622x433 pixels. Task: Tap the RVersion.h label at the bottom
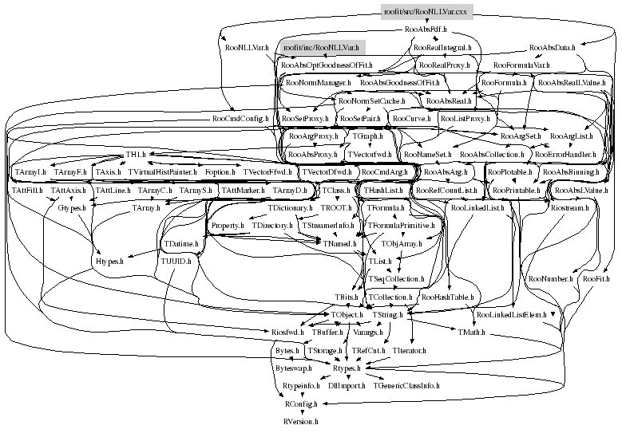pyautogui.click(x=300, y=419)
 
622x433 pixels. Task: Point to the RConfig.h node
pyautogui.click(x=300, y=403)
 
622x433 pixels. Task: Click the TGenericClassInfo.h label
pyautogui.click(x=406, y=385)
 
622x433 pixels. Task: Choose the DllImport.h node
pyautogui.click(x=346, y=385)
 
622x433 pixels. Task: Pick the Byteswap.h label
pyautogui.click(x=293, y=368)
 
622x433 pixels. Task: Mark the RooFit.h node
pyautogui.click(x=596, y=279)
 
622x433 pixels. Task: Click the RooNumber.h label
pyautogui.click(x=550, y=279)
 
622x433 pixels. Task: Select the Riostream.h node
pyautogui.click(x=569, y=207)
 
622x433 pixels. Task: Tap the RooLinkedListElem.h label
pyautogui.click(x=511, y=314)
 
